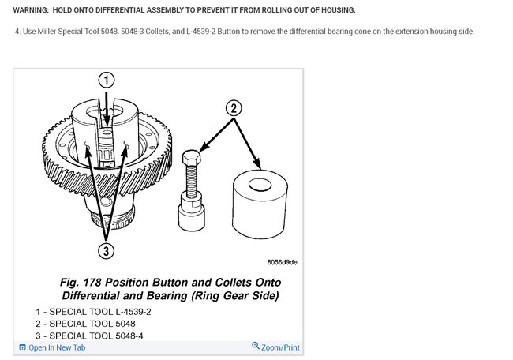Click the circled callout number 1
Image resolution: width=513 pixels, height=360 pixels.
click(107, 81)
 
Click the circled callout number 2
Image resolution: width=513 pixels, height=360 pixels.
click(234, 108)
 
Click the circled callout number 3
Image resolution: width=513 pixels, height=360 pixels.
click(107, 251)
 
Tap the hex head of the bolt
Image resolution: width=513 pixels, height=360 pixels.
click(192, 158)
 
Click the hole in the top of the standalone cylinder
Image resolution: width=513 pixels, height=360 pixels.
click(260, 185)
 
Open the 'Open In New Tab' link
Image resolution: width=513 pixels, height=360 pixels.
click(57, 347)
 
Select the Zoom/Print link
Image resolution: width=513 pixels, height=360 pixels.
click(280, 347)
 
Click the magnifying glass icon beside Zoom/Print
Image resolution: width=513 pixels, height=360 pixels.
click(256, 346)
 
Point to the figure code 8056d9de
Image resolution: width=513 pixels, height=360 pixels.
click(282, 262)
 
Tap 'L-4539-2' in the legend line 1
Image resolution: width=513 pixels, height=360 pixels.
click(133, 312)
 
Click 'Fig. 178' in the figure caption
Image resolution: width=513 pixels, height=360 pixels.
click(81, 283)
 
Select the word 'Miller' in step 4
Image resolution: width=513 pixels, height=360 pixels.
click(47, 32)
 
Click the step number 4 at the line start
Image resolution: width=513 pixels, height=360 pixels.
click(17, 32)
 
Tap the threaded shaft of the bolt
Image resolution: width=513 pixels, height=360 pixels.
click(192, 180)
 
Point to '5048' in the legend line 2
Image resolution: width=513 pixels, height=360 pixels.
click(125, 324)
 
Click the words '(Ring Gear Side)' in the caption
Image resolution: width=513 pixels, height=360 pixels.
click(235, 296)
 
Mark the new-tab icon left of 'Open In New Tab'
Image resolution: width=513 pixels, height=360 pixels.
click(22, 347)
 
